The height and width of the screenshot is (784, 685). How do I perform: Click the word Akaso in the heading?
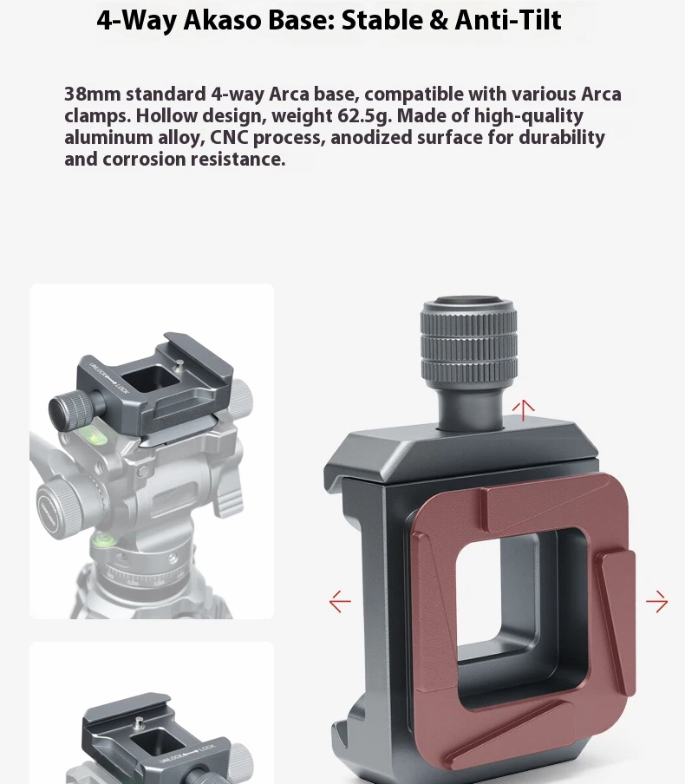[223, 20]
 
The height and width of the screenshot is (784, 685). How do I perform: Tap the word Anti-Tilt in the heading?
[508, 20]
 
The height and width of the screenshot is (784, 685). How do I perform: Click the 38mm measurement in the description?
[92, 94]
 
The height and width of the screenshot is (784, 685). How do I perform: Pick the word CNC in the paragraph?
[229, 138]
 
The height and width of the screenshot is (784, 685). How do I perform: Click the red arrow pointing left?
[340, 602]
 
